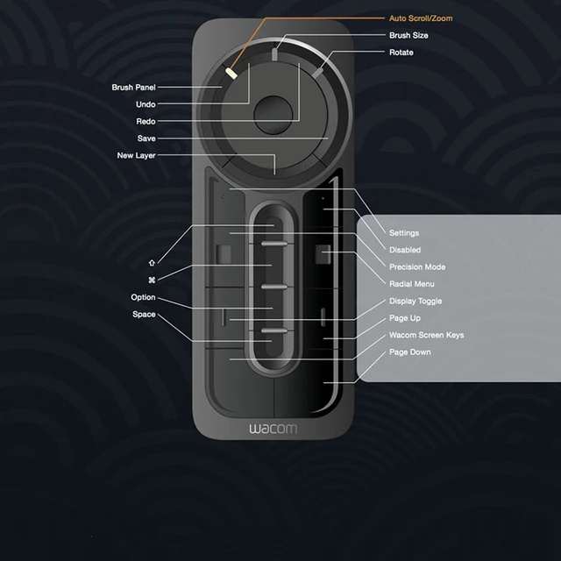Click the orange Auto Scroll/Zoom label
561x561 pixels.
pyautogui.click(x=421, y=18)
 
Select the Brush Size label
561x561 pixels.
pyautogui.click(x=409, y=36)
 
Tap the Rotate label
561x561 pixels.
pyautogui.click(x=401, y=53)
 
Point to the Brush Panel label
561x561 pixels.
pyautogui.click(x=133, y=88)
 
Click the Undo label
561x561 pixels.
pyautogui.click(x=146, y=104)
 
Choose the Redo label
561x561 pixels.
pyautogui.click(x=146, y=122)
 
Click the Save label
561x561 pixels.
pyautogui.click(x=146, y=138)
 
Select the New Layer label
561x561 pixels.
pyautogui.click(x=137, y=156)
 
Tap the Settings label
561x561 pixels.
pyautogui.click(x=404, y=233)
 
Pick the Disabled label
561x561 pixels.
pyautogui.click(x=405, y=250)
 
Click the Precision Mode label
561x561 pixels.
pyautogui.click(x=417, y=266)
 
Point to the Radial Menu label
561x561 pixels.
pyautogui.click(x=412, y=284)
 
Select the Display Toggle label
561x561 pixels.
pyautogui.click(x=415, y=301)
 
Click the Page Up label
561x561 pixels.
pyautogui.click(x=405, y=318)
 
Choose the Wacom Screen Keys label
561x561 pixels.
pyautogui.click(x=427, y=335)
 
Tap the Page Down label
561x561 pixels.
pyautogui.click(x=410, y=352)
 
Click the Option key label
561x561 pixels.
pyautogui.click(x=144, y=297)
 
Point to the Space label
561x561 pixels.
pyautogui.click(x=145, y=315)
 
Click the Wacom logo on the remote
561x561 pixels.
pyautogui.click(x=273, y=430)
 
